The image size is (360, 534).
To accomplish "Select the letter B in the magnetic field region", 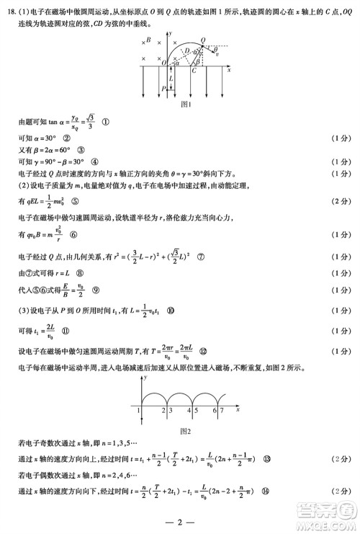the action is tap(149, 41).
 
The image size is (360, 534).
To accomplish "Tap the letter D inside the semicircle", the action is tap(186, 50).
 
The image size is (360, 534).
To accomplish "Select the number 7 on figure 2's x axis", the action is tap(222, 410).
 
